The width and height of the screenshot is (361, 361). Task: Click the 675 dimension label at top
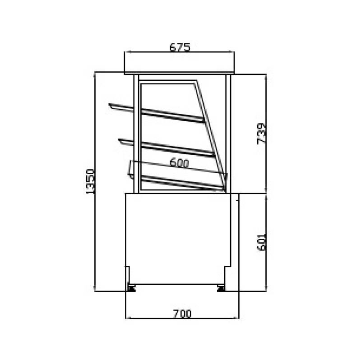pyautogui.click(x=180, y=47)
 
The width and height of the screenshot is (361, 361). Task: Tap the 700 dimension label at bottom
pyautogui.click(x=182, y=314)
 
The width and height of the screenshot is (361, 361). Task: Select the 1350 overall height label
pyautogui.click(x=90, y=181)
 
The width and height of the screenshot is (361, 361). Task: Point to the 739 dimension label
pyautogui.click(x=261, y=134)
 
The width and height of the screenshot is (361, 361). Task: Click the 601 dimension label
pyautogui.click(x=261, y=242)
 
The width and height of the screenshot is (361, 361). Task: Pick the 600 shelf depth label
pyautogui.click(x=179, y=163)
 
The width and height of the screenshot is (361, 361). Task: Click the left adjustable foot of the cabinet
pyautogui.click(x=131, y=288)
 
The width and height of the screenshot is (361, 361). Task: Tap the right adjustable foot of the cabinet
pyautogui.click(x=221, y=288)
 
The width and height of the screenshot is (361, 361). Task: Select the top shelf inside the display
pyautogui.click(x=157, y=113)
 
